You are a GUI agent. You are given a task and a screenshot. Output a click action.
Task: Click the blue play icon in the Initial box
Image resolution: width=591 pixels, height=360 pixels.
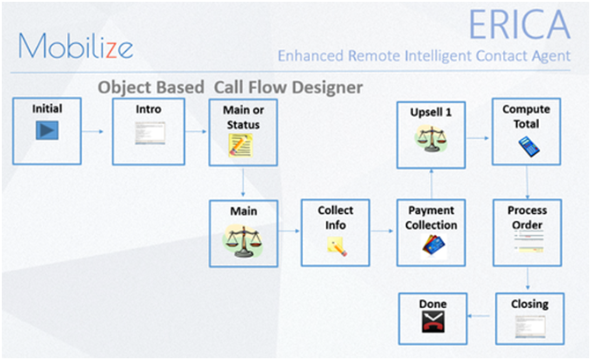pos(47,130)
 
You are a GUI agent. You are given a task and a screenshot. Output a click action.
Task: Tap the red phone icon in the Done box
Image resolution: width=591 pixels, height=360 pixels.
pos(433,322)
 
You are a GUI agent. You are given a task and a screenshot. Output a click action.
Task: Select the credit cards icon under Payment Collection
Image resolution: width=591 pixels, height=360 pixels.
pos(434,246)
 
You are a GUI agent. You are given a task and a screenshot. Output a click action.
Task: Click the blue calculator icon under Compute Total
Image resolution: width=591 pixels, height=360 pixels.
pos(528,146)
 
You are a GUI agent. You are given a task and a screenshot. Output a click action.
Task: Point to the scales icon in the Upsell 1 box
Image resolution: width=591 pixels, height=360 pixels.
pos(432,139)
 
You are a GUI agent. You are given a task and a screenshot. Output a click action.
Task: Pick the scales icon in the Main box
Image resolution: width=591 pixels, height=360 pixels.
pos(243,241)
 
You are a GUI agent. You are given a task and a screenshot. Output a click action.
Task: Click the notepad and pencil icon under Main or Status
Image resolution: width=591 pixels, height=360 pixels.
pos(240,145)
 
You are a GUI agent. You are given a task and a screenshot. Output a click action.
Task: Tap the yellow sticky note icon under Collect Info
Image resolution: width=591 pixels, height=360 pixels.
pos(336,246)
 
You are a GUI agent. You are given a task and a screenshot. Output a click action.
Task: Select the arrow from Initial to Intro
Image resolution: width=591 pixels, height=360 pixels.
pos(92,131)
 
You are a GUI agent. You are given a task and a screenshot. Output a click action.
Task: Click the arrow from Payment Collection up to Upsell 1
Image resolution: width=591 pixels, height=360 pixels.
pos(432,184)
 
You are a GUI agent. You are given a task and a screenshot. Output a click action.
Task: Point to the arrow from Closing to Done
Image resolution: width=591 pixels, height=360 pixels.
pos(478,316)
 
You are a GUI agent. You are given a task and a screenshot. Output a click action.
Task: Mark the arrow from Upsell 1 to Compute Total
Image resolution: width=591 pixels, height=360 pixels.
pos(478,138)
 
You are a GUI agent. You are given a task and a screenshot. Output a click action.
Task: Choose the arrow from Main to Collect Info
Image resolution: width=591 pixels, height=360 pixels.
pos(289,231)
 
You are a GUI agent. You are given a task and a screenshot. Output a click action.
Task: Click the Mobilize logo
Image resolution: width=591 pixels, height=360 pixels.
pos(76,46)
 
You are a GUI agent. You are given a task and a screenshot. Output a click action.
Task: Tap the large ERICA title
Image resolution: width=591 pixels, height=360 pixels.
pos(519,25)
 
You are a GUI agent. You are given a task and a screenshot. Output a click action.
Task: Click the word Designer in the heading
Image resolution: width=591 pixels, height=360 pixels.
pos(327,88)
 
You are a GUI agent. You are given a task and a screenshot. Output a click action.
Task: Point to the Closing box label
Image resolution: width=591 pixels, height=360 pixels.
pos(529,304)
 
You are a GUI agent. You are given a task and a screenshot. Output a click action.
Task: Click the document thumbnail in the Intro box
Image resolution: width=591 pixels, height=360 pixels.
pos(150,133)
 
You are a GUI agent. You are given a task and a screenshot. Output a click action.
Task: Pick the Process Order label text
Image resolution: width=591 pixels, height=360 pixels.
pos(527,217)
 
